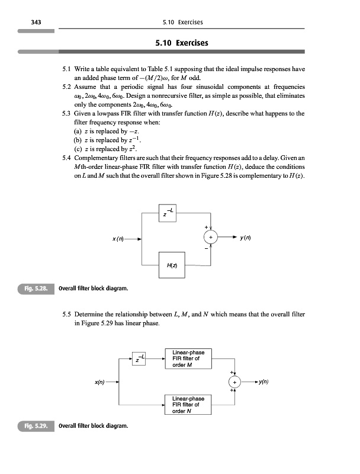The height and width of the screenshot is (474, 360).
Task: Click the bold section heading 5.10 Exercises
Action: coord(182,43)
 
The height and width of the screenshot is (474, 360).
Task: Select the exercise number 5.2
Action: coord(67,87)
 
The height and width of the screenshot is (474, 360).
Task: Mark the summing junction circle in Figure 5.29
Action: coord(234,382)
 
